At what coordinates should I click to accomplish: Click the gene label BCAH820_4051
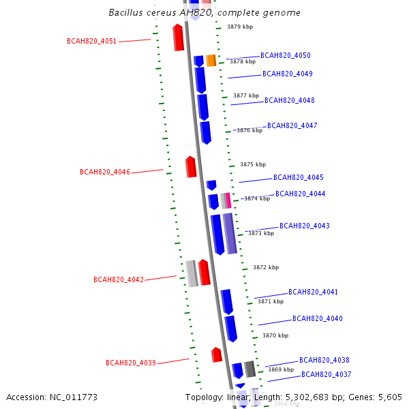pyautogui.click(x=91, y=41)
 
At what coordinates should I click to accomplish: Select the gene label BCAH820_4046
pyautogui.click(x=104, y=172)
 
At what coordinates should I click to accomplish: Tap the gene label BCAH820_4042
pyautogui.click(x=118, y=279)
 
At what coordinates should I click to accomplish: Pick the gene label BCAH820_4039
pyautogui.click(x=130, y=363)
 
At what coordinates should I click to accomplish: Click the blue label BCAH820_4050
pyautogui.click(x=285, y=55)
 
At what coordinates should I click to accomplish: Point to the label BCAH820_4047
pyautogui.click(x=292, y=125)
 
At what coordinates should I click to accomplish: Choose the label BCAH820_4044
pyautogui.click(x=300, y=194)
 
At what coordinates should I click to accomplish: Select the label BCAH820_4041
pyautogui.click(x=313, y=292)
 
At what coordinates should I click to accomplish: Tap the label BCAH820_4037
pyautogui.click(x=326, y=374)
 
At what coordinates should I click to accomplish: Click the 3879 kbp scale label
pyautogui.click(x=239, y=27)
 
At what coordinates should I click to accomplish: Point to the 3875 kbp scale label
pyautogui.click(x=252, y=164)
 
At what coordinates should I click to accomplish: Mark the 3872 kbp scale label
pyautogui.click(x=265, y=267)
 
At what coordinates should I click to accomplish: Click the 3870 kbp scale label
pyautogui.click(x=275, y=335)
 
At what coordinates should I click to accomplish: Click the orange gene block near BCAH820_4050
pyautogui.click(x=211, y=61)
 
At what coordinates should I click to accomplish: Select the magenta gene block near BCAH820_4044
pyautogui.click(x=228, y=200)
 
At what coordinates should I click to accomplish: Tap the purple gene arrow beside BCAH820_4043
pyautogui.click(x=230, y=233)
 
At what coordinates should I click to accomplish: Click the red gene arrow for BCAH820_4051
pyautogui.click(x=179, y=37)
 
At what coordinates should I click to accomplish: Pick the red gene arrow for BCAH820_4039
pyautogui.click(x=217, y=354)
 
